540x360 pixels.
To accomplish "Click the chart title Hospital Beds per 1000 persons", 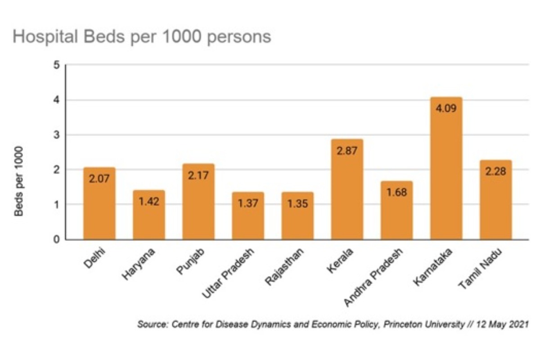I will point(142,36).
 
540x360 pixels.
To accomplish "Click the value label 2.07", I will point(99,179).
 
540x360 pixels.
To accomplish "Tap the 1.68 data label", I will point(396,193).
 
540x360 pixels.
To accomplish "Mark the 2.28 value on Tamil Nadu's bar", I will point(495,171).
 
